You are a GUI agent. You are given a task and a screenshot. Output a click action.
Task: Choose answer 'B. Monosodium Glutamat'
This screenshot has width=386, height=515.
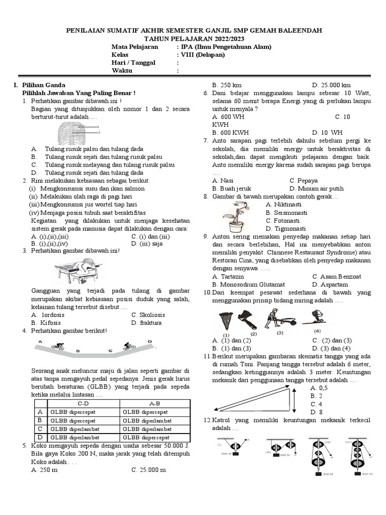(248, 284)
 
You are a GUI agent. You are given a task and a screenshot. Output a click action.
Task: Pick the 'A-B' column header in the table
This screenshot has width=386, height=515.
(154, 403)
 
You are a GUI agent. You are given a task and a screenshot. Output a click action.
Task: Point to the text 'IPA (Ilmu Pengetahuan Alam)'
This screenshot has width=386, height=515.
(226, 47)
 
